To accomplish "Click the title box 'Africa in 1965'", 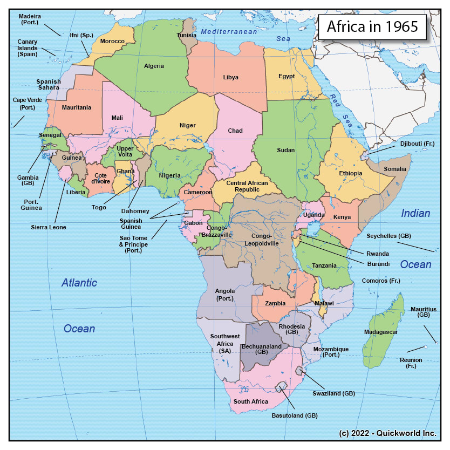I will (372, 27).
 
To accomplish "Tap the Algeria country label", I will (154, 66).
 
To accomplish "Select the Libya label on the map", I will (230, 78).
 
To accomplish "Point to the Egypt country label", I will (287, 76).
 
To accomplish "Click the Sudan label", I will (285, 150).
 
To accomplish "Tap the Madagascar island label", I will (381, 332).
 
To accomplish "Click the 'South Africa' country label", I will (250, 402).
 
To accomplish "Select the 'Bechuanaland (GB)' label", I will (262, 349).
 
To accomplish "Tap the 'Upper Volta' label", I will (125, 152).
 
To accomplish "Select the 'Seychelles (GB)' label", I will (389, 236).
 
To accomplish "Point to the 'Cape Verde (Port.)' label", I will (24, 104).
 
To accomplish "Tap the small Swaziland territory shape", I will (299, 371).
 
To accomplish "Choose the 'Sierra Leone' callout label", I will (49, 227).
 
